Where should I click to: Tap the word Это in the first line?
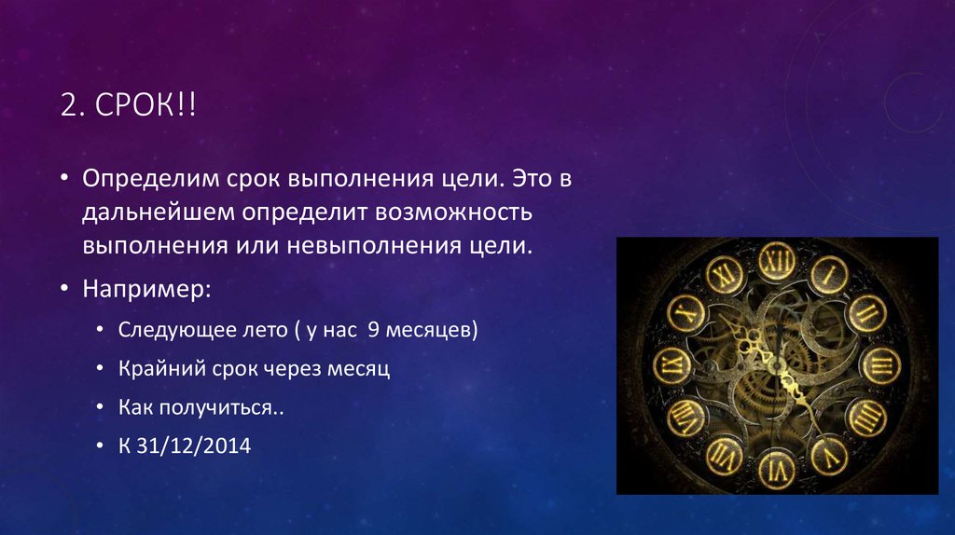coord(536,177)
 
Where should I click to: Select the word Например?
coord(145,289)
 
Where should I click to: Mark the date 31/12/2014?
coord(194,445)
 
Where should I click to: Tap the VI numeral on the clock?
coord(776,463)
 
